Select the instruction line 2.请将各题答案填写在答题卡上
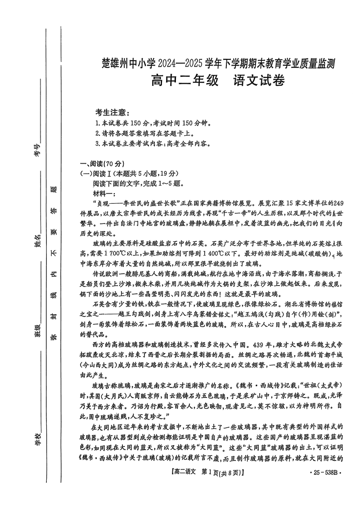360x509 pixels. pos(144,134)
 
